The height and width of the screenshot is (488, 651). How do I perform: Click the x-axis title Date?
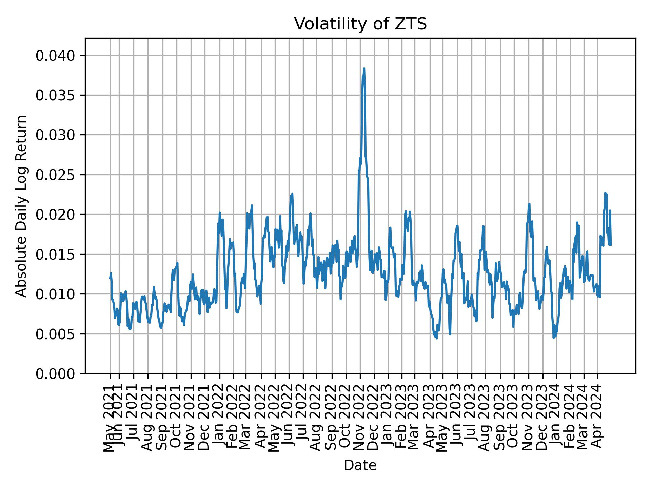[x=360, y=466]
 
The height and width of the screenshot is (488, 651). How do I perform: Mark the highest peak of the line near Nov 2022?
[x=364, y=68]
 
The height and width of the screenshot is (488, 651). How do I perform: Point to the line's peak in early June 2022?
[x=292, y=194]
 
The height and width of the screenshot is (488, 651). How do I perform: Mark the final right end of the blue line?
[x=611, y=245]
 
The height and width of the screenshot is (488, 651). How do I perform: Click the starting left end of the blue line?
[x=110, y=279]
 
